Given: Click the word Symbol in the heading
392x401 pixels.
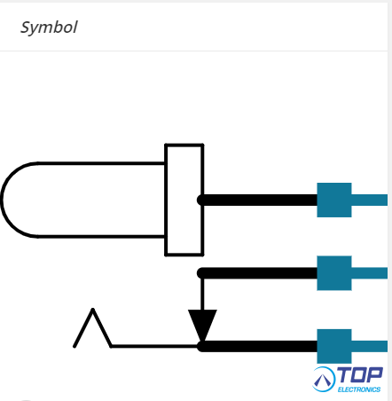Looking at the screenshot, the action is (x=49, y=28).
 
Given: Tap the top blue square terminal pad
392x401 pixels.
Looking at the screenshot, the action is (x=334, y=200).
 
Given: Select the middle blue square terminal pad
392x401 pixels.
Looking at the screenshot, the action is (x=334, y=273).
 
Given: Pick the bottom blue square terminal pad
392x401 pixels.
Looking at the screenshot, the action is (x=334, y=346).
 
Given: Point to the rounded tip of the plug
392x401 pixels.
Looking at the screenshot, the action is (x=3, y=200).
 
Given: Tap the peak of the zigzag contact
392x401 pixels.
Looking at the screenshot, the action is (x=92, y=310).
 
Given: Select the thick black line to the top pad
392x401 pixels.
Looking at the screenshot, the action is (x=257, y=200).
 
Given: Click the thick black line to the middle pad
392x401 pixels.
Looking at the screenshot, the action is (x=257, y=273).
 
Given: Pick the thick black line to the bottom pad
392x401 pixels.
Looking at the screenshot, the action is (x=257, y=346).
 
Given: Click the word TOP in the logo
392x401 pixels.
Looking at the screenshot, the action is (x=360, y=375).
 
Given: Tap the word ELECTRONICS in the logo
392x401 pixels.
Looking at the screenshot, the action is (x=359, y=389).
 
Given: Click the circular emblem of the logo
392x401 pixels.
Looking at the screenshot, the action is (x=324, y=379).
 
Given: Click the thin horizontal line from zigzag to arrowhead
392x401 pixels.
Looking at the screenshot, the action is (x=155, y=346).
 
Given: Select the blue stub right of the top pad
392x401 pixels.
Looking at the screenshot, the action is (x=370, y=200).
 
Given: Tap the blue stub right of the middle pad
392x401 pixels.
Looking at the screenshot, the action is (x=370, y=273).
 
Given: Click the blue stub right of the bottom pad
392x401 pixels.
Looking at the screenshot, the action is (x=370, y=346).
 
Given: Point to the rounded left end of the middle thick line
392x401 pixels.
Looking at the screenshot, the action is (x=200, y=273).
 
